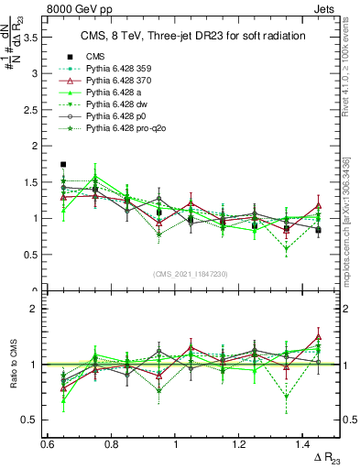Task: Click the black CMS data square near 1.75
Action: click(63, 165)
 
